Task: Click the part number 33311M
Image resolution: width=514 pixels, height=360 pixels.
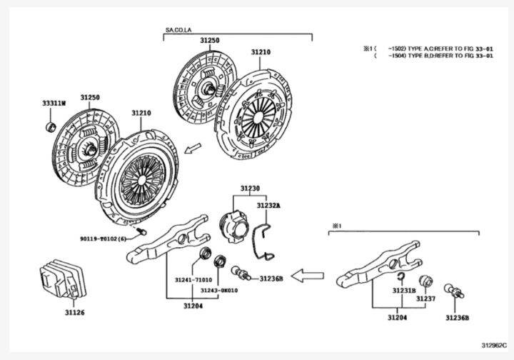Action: click(53, 104)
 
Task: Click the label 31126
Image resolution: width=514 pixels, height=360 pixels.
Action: click(74, 312)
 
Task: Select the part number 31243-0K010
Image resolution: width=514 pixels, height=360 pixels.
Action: click(218, 291)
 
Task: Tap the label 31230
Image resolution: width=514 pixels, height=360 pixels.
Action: click(250, 189)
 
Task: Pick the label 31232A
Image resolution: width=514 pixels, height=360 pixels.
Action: click(268, 205)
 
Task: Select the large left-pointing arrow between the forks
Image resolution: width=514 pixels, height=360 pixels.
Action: click(308, 274)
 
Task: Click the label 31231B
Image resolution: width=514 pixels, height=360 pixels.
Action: click(403, 291)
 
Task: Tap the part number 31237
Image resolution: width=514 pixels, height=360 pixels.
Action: click(426, 299)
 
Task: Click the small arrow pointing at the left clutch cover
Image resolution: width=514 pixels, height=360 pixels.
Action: click(192, 149)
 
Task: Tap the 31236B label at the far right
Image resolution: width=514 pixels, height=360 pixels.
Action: click(457, 317)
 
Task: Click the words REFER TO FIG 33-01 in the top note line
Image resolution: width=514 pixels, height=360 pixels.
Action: click(464, 49)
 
